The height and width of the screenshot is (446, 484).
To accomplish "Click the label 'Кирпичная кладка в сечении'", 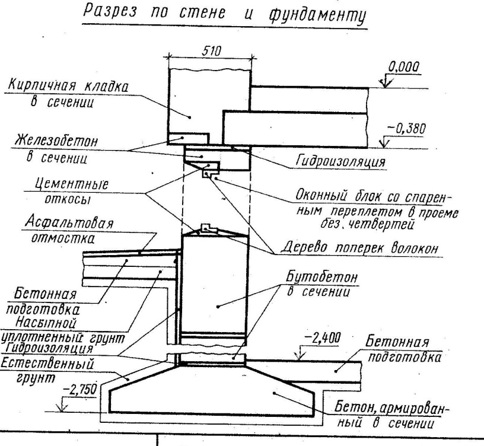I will tap(68, 93).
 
